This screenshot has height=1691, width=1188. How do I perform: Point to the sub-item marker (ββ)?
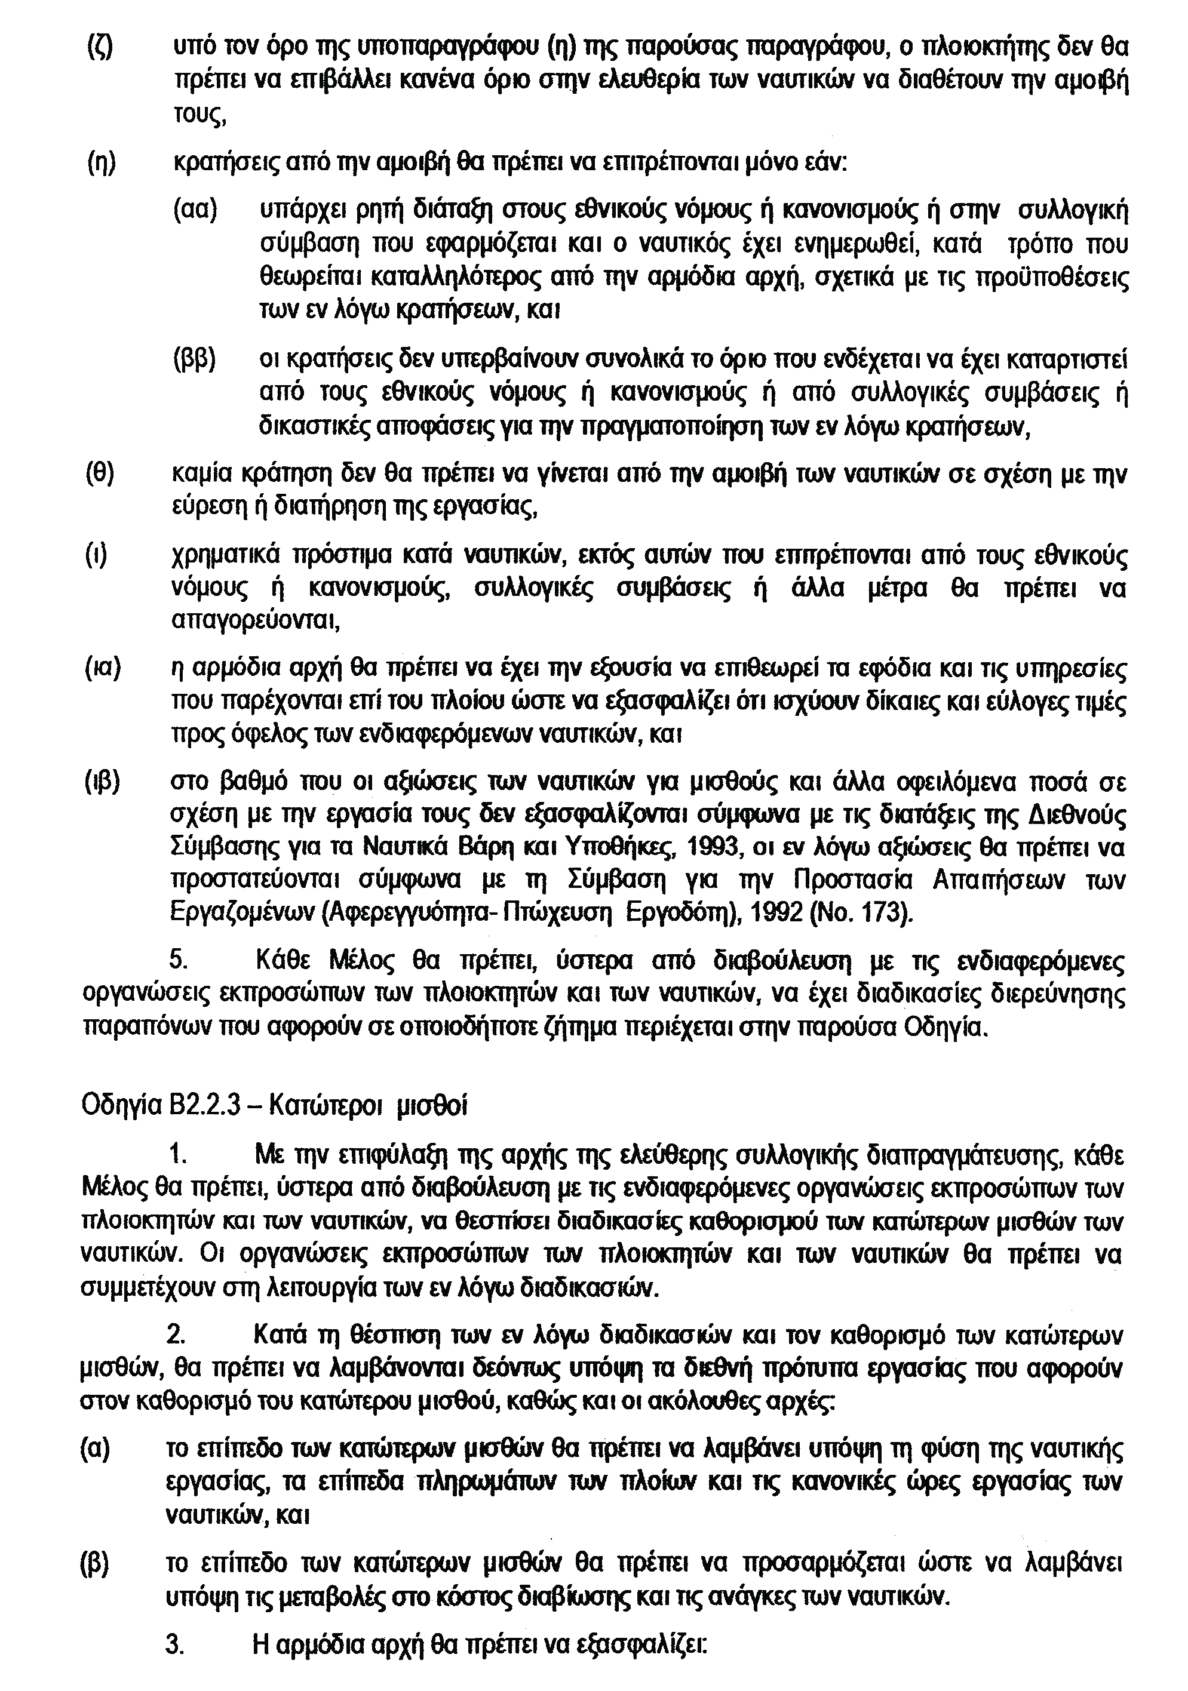pos(195,360)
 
